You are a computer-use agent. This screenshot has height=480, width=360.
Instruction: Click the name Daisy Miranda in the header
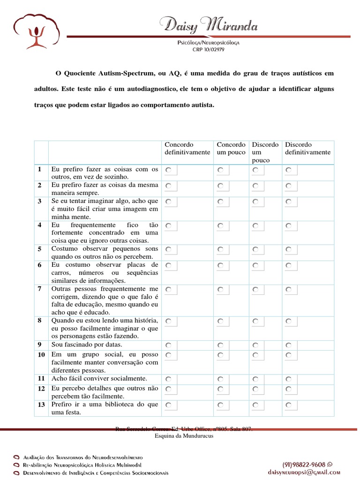(208, 24)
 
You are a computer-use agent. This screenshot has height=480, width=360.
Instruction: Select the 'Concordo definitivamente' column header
(187, 149)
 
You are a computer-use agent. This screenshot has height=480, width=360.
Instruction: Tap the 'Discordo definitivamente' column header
(307, 149)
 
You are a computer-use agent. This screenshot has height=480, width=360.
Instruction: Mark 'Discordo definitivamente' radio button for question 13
(288, 405)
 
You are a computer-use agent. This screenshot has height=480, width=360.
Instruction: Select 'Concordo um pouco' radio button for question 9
(220, 345)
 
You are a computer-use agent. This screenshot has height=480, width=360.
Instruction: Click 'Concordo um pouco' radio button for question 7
(220, 290)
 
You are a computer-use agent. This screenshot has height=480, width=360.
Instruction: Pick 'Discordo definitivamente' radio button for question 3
(288, 202)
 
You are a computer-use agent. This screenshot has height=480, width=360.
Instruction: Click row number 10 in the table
(41, 355)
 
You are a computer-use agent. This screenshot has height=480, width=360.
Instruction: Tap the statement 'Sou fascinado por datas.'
(86, 345)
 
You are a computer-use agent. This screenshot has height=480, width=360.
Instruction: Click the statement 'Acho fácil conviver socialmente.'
(99, 378)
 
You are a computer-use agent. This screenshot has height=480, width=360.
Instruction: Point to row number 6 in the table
(40, 265)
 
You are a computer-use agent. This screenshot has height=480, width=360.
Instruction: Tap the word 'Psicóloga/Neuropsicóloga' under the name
(208, 42)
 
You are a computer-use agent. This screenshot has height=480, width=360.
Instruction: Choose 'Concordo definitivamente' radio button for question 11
(168, 379)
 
